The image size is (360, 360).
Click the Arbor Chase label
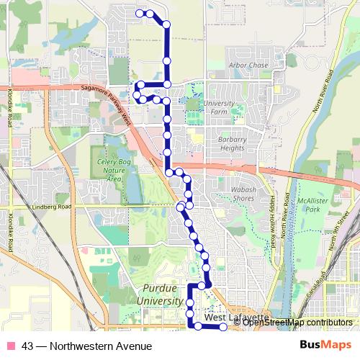(248, 66)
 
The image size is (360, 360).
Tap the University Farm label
(219, 107)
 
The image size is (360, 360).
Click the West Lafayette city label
(235, 318)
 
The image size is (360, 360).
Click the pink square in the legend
(11, 346)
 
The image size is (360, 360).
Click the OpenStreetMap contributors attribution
(297, 323)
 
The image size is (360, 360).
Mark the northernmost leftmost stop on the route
(139, 13)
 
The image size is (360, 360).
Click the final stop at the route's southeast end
(222, 327)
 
